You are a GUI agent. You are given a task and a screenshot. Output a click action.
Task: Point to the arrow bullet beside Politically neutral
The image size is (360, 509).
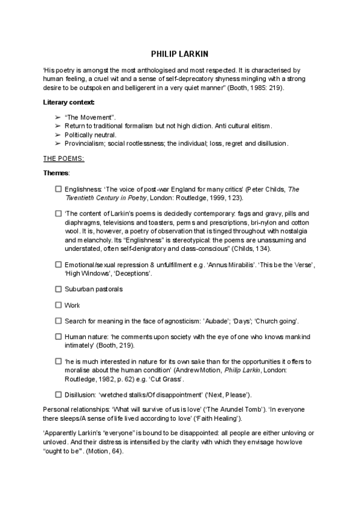pos(58,134)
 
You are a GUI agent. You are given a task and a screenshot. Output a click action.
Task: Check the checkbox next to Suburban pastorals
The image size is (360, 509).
pos(58,289)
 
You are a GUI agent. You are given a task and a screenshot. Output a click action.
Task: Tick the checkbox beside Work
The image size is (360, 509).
pos(58,305)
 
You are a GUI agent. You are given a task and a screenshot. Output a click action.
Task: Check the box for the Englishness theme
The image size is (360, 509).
pos(58,189)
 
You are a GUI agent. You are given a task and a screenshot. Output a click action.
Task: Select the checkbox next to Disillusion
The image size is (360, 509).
pos(58,394)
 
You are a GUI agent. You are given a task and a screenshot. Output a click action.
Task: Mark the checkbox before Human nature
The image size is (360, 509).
pos(58,337)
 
